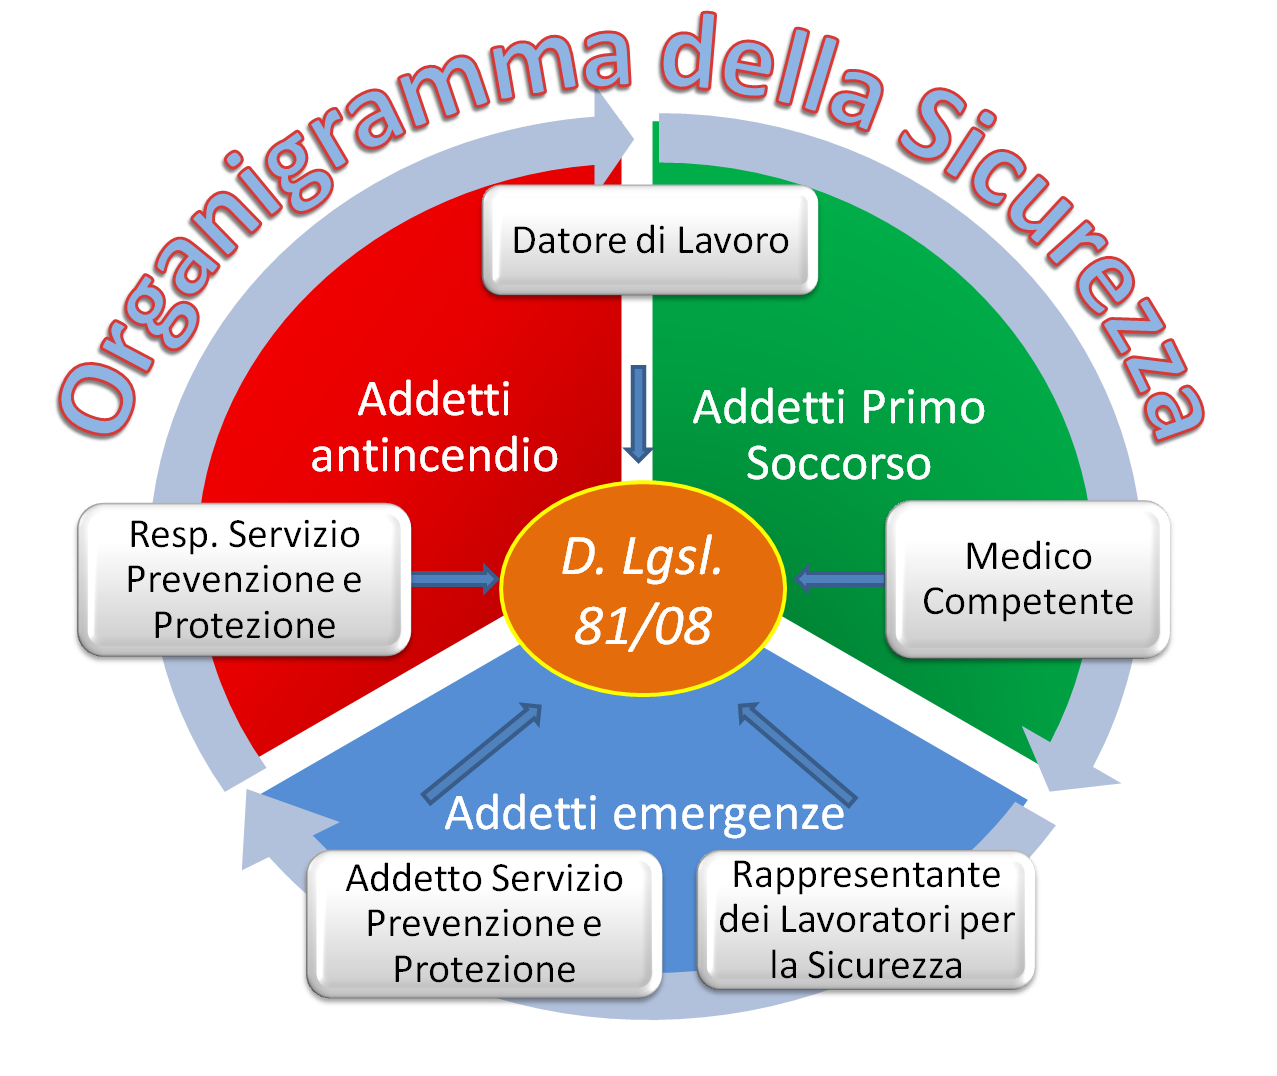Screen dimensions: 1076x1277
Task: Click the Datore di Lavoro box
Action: point(650,241)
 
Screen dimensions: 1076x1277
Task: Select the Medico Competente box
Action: point(1028,579)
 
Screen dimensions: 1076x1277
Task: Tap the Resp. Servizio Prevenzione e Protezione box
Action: point(243,580)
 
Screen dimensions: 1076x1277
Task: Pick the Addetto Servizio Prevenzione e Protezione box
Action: point(484,923)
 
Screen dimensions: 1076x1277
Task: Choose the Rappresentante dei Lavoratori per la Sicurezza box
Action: point(866,920)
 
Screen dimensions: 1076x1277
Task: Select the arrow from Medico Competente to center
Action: point(840,579)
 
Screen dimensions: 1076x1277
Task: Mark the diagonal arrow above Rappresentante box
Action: point(797,753)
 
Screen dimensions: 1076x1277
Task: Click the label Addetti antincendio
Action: point(434,427)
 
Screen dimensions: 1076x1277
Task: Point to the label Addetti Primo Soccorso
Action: point(839,435)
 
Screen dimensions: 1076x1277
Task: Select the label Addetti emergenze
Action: point(644,813)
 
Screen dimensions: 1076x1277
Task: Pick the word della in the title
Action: point(770,75)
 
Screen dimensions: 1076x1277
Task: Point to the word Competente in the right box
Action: point(1028,602)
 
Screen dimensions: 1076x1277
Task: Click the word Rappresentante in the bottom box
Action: point(866,875)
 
